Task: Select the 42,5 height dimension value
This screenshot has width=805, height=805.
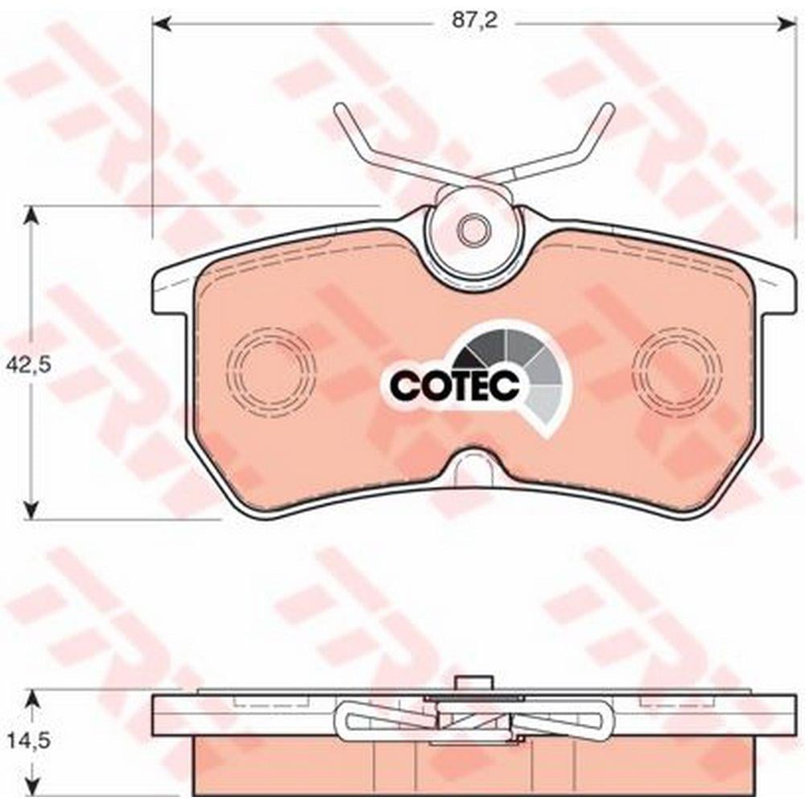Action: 28,365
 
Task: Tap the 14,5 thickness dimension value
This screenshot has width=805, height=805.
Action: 29,741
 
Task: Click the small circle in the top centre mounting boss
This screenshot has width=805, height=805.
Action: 473,228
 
